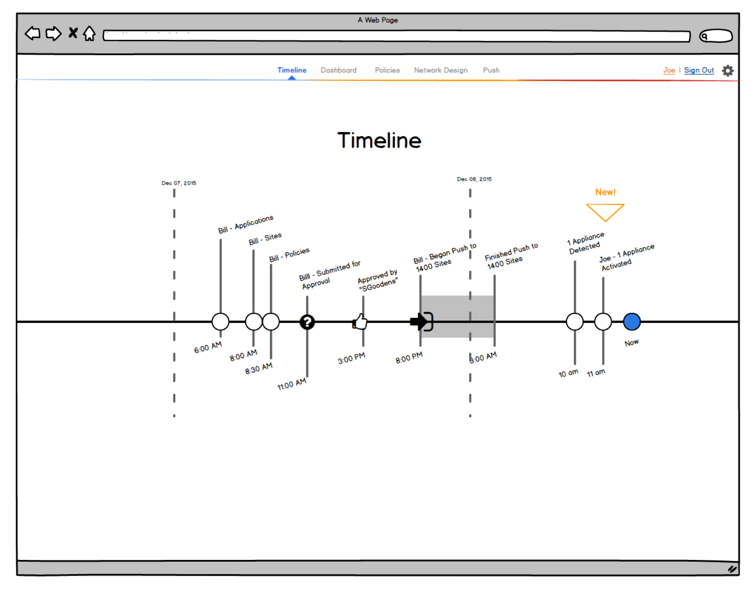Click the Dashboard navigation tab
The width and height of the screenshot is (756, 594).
[338, 70]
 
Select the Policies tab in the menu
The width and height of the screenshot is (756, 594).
[387, 70]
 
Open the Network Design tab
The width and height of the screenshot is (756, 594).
[441, 70]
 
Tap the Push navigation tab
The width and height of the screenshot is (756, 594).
[491, 70]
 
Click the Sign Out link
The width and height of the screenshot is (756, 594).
[699, 70]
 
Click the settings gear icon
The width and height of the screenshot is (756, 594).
[727, 71]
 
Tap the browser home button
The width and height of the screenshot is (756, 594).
[89, 34]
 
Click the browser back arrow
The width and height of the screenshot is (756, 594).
[33, 33]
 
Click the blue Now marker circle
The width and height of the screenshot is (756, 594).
[631, 321]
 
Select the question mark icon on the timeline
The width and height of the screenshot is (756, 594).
[307, 321]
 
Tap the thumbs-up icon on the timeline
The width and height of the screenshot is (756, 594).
[360, 321]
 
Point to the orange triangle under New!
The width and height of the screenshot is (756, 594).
[605, 212]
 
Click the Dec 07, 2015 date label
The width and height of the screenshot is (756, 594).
[179, 183]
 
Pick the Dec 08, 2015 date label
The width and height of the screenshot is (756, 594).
[474, 179]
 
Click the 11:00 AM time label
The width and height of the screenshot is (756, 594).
[292, 384]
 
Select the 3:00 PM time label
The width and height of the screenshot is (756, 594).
[351, 358]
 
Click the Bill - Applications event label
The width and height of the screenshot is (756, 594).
[246, 224]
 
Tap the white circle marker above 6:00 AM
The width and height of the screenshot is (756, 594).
[220, 321]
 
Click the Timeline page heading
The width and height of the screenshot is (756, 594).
[379, 140]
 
